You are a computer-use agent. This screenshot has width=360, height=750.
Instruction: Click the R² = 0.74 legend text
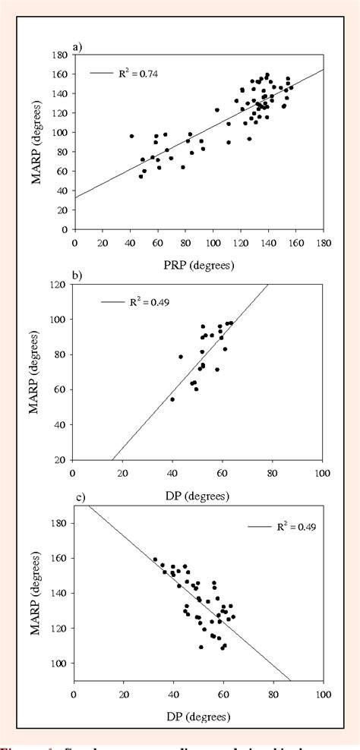(x=138, y=74)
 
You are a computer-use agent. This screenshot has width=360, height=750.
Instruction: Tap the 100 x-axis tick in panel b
(x=323, y=473)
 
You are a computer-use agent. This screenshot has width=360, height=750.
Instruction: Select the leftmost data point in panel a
(x=131, y=136)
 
